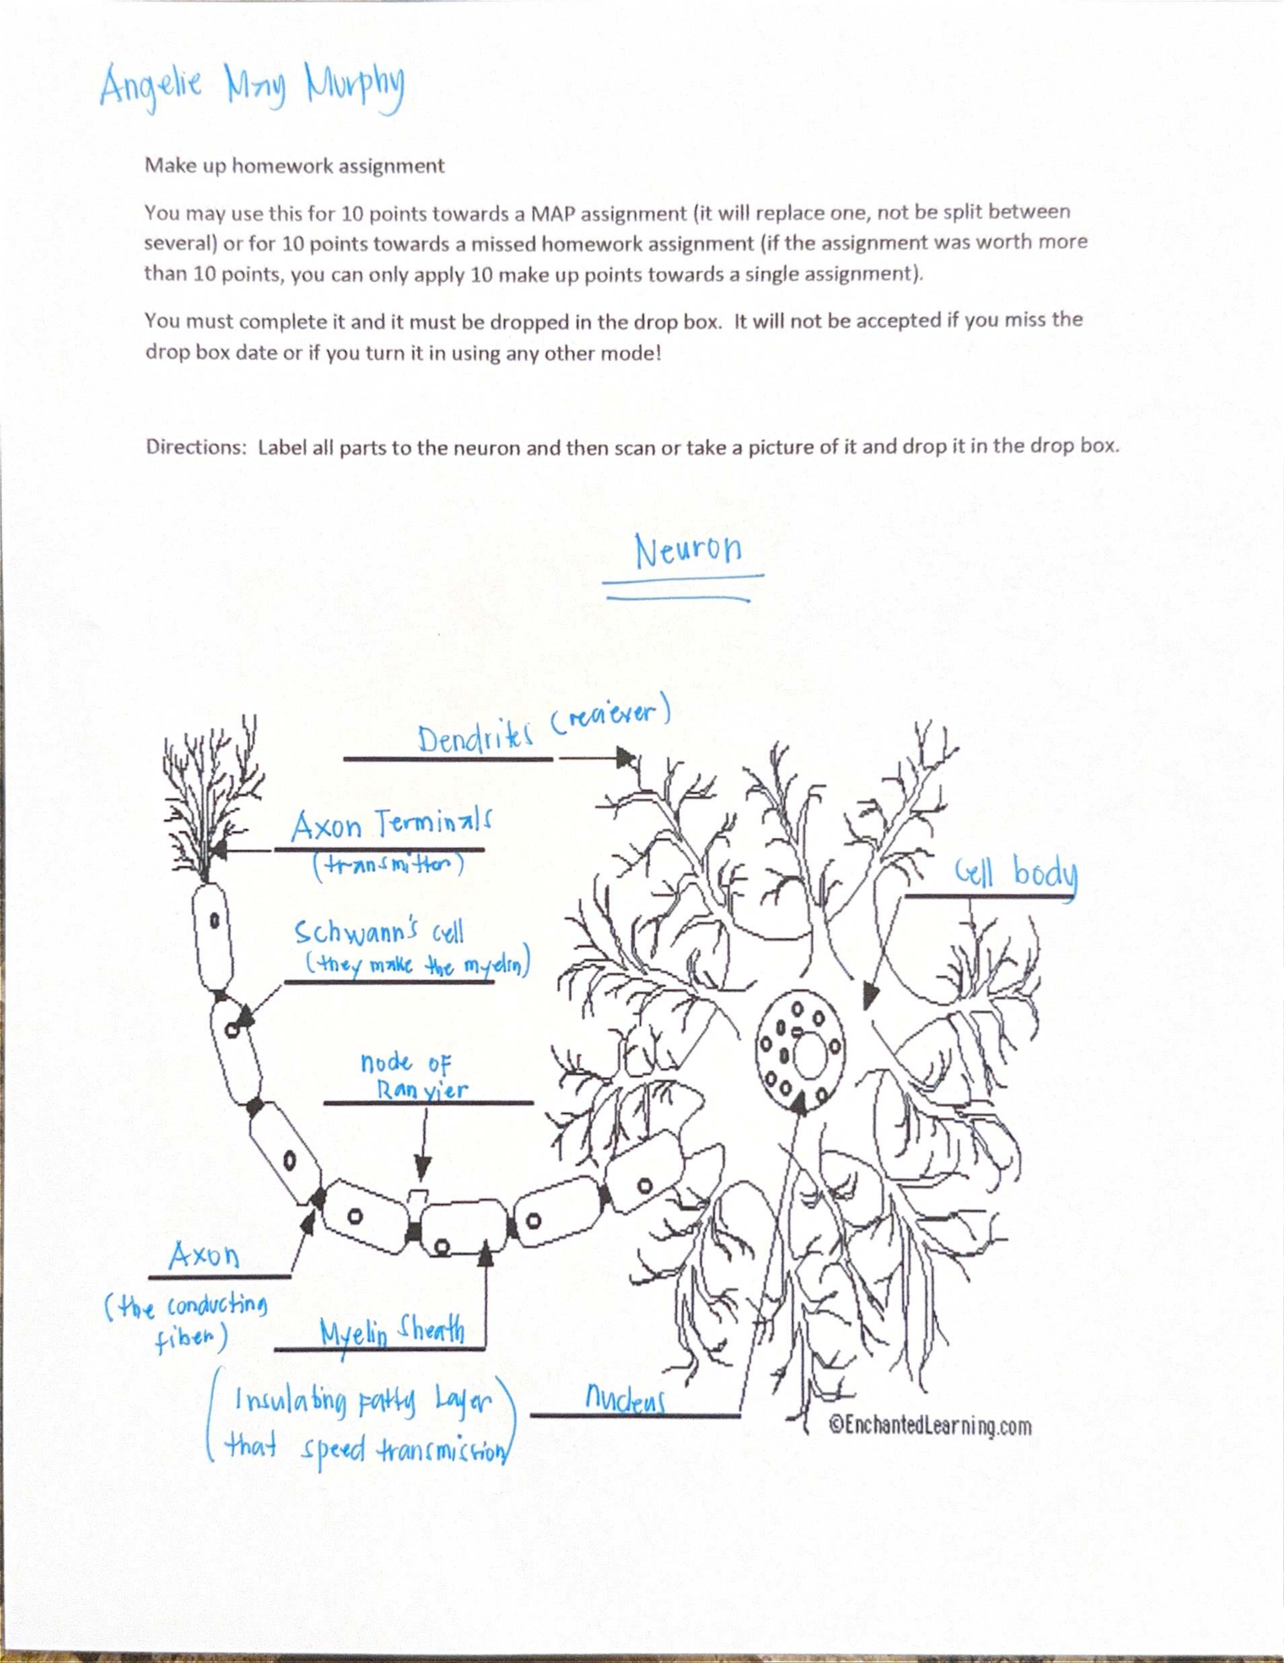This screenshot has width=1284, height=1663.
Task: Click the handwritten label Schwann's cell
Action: [x=378, y=932]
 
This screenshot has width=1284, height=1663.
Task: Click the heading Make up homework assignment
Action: [x=295, y=166]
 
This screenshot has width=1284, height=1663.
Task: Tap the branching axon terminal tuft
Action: [x=210, y=799]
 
